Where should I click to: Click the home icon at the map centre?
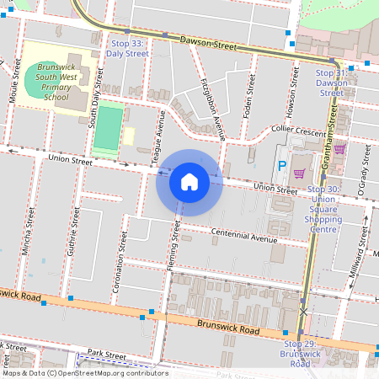point(189,182)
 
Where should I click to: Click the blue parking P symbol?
point(283,166)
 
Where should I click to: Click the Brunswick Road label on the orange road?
point(227,327)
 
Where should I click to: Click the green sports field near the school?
point(107,127)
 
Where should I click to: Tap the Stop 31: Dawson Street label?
point(331,83)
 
